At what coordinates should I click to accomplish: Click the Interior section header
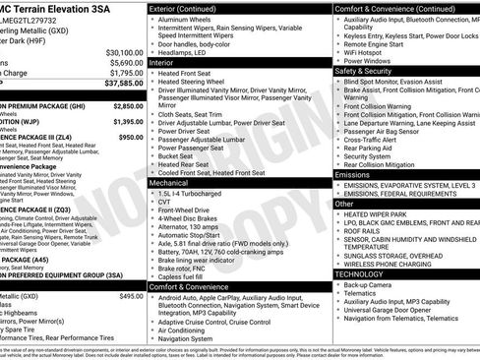[161, 61]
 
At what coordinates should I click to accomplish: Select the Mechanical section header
[169, 182]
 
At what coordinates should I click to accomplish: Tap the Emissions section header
[352, 174]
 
